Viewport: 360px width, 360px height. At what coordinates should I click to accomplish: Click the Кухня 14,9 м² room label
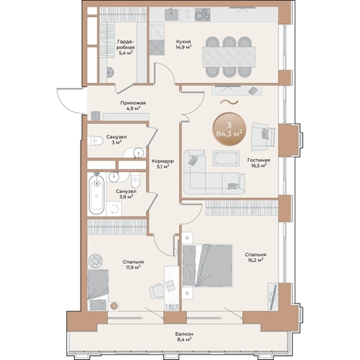pos(183,44)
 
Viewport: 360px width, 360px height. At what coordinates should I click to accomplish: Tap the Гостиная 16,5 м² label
pos(259,163)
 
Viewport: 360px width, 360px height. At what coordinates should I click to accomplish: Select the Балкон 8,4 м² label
pos(184,337)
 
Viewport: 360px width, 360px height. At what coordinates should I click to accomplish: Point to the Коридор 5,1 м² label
pos(162,164)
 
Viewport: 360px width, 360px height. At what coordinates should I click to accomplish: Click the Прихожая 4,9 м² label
pos(133,106)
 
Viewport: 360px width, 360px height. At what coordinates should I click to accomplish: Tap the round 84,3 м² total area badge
pos(229,129)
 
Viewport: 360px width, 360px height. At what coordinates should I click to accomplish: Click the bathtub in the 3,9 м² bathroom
pos(97,193)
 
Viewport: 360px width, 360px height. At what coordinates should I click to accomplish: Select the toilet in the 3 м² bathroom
pos(95,140)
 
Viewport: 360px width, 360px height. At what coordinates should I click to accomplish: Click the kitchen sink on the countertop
pos(171,14)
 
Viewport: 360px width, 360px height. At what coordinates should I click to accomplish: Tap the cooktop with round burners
pos(203,15)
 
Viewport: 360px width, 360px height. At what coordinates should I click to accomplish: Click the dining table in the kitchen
pos(228,57)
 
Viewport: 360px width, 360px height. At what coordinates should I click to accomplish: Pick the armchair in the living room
pos(263,136)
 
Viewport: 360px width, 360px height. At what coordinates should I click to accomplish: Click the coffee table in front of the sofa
pos(226,158)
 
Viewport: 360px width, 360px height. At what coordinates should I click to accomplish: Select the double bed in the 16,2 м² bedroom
pos(207,266)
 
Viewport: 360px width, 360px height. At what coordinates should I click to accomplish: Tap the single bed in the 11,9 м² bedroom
pos(98,290)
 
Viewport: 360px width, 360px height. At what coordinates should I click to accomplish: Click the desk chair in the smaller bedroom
pos(157,291)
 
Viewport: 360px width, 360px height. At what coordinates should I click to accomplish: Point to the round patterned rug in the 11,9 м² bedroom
pos(95,261)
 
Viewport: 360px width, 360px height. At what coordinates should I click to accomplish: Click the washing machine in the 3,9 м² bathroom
pos(114,208)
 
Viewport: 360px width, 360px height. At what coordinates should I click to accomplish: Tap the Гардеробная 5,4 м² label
pos(126,47)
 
